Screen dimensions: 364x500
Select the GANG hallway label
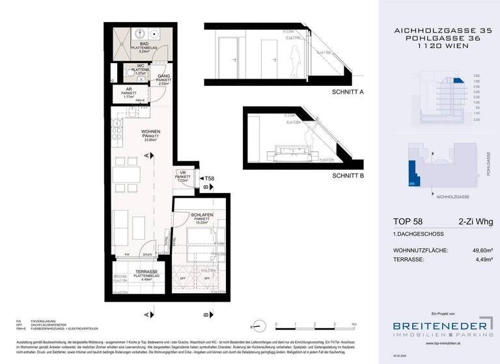pos(163,76)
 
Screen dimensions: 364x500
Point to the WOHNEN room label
pos(151,131)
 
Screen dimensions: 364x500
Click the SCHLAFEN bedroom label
pos(202,215)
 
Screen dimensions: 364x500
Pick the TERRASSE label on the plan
pos(147,272)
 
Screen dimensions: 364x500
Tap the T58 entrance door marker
pos(211,177)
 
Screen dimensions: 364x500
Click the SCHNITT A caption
pos(347,93)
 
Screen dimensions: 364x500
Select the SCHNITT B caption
pos(347,175)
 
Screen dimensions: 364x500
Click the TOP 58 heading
pos(409,222)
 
